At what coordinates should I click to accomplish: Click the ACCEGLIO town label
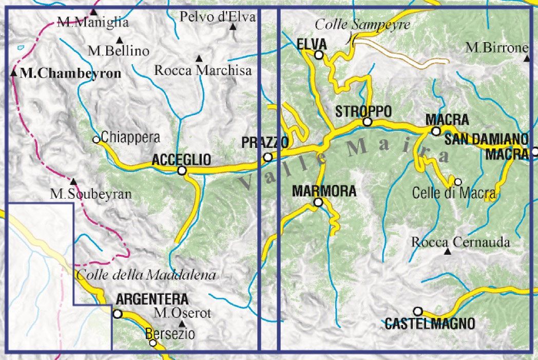181,160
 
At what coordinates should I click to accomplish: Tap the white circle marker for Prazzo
267,157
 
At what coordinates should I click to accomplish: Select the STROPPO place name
363,111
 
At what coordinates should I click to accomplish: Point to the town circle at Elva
319,55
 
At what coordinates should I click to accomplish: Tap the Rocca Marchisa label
203,70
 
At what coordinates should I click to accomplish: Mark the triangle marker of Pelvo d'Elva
233,26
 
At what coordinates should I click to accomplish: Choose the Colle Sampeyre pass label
362,24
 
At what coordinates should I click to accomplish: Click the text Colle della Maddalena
146,275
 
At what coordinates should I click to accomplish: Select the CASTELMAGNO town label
430,324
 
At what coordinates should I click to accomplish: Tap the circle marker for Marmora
318,203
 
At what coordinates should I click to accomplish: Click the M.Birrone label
497,48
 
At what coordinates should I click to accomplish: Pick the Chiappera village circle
96,139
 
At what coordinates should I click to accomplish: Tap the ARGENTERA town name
152,299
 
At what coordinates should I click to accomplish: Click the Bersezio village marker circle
152,343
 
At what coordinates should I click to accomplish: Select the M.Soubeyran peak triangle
73,181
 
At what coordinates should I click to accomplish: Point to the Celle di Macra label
454,193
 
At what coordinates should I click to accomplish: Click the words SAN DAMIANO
486,139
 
